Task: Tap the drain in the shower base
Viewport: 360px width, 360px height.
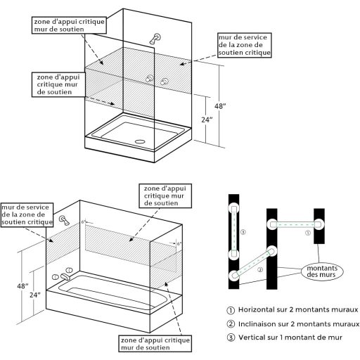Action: point(139,139)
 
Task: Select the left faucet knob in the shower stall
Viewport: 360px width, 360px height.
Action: point(149,80)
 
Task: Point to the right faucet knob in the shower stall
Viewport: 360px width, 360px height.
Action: point(165,82)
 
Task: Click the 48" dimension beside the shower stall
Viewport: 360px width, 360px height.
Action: point(219,106)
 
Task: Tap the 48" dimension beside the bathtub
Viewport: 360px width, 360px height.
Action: point(24,286)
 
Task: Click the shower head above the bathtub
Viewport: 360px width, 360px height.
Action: point(65,221)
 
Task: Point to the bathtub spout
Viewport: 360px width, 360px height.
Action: point(63,278)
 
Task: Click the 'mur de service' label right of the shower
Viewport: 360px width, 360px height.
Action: point(243,44)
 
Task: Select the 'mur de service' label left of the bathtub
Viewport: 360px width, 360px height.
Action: point(27,214)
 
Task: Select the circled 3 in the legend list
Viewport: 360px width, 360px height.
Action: point(230,338)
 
